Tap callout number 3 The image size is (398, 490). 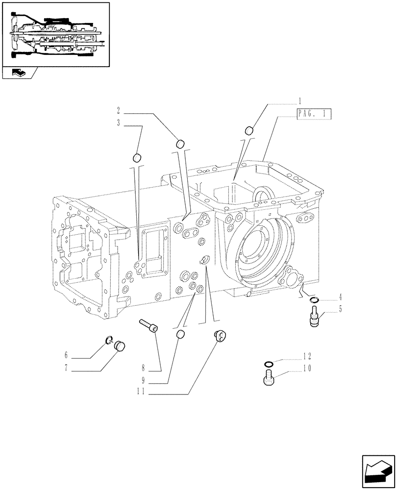tap(119, 123)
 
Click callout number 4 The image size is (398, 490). tap(339, 297)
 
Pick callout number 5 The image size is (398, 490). tap(339, 309)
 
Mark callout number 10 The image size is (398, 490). tap(307, 369)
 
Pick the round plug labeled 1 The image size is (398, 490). tap(249, 130)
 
